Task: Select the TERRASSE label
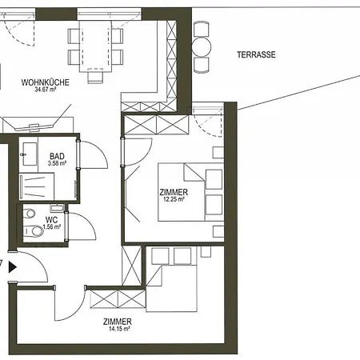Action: coord(256,55)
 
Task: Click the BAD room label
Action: coord(56,156)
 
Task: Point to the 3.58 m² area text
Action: coord(56,164)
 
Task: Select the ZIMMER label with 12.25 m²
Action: coord(174,192)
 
